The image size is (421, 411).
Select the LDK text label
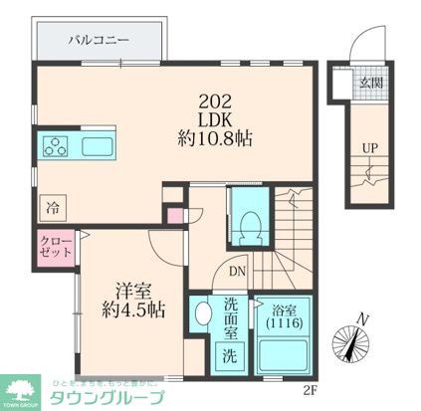216,116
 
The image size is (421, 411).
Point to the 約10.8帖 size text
216,138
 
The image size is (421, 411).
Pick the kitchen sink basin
98,148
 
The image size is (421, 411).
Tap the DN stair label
237,270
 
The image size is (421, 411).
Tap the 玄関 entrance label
370,83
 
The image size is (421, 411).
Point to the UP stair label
369,149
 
